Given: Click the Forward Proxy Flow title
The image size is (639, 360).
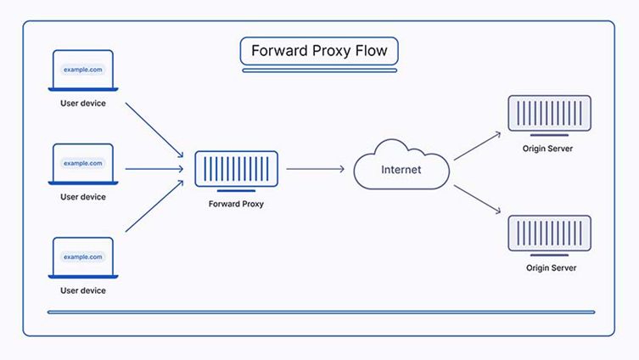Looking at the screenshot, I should point(319,51).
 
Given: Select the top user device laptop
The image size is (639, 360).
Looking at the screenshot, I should point(83,70).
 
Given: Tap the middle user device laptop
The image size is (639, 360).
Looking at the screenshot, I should point(83,164).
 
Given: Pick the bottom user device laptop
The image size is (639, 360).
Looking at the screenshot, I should point(83,257).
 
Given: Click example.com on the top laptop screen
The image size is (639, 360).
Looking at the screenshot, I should point(83,70).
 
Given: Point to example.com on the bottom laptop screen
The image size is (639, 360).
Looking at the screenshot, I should point(83,256).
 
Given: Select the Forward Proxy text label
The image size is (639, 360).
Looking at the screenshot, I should point(236,204).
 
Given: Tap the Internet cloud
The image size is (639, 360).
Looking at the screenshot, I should point(401,169).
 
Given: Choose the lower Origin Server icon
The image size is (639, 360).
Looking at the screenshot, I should point(549,234).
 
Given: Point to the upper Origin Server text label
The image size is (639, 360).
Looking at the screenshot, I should point(549,149).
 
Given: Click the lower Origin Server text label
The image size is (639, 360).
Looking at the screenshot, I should point(549,267).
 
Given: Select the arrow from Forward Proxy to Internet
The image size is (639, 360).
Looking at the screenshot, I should point(315,169).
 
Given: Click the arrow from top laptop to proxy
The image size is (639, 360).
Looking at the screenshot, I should point(154,130).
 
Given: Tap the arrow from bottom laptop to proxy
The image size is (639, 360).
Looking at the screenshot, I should point(154,206).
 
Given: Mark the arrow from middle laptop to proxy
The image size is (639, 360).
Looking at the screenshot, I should point(154,169).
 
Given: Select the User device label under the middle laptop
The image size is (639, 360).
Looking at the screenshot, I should point(83,197).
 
